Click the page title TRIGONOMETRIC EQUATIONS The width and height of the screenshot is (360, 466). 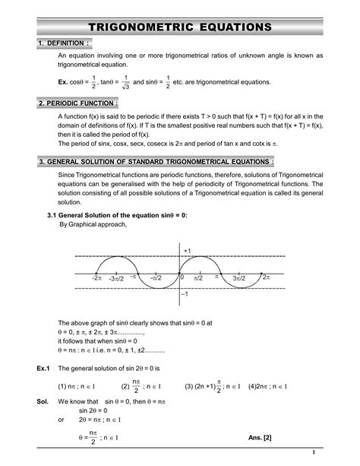[179, 27]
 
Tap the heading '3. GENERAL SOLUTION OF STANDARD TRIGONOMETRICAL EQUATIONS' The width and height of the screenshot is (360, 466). [156, 162]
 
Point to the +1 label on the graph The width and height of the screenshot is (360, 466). [187, 250]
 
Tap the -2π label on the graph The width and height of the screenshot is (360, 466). [96, 280]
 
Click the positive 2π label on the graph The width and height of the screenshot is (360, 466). [266, 278]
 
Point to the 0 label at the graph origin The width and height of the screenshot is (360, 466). [182, 278]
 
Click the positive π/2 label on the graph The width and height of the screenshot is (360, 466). [198, 280]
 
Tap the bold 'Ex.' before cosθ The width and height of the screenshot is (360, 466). [65, 81]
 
